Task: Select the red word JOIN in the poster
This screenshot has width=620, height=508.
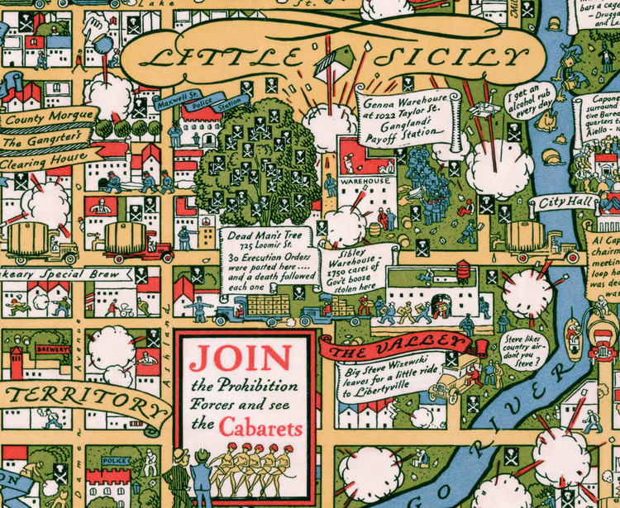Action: coord(240,358)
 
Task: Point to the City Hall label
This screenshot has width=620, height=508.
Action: coord(563,203)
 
